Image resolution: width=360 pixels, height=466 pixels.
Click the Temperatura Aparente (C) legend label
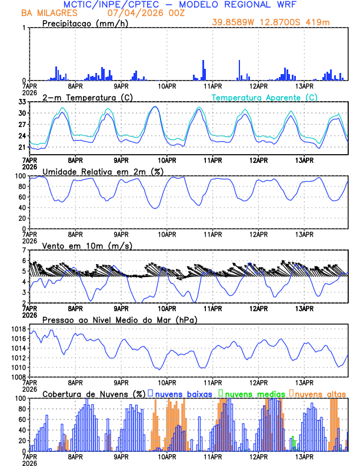(264, 97)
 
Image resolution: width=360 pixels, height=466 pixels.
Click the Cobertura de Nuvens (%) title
(93, 394)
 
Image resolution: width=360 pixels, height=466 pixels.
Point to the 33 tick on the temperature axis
(22, 102)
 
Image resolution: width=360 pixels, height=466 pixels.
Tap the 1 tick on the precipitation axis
(24, 28)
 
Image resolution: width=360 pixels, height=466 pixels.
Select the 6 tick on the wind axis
(24, 261)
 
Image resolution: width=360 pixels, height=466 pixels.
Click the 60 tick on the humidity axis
(22, 197)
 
